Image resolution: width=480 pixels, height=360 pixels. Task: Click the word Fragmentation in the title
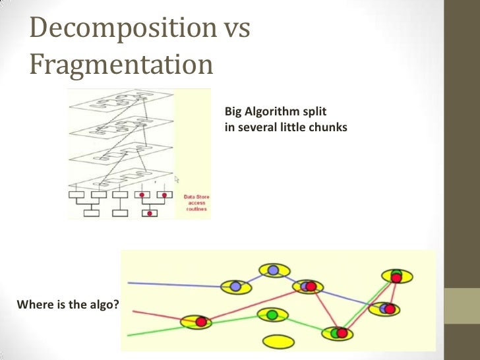tap(121, 65)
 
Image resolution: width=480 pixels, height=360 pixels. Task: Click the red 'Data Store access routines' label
tap(196, 202)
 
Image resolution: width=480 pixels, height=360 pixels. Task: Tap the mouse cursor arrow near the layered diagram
tap(177, 179)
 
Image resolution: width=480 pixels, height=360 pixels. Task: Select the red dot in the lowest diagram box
tap(150, 213)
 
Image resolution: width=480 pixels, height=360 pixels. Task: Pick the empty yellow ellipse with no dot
tap(278, 342)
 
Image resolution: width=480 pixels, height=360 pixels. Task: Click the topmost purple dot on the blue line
tap(272, 269)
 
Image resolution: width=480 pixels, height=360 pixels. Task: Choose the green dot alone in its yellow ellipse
tap(271, 315)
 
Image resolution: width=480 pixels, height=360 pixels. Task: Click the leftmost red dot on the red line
tap(201, 322)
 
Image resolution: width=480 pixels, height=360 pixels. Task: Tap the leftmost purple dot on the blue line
tap(235, 286)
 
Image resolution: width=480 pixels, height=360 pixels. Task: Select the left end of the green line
tap(129, 335)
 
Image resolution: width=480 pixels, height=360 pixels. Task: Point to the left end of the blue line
tap(129, 283)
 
